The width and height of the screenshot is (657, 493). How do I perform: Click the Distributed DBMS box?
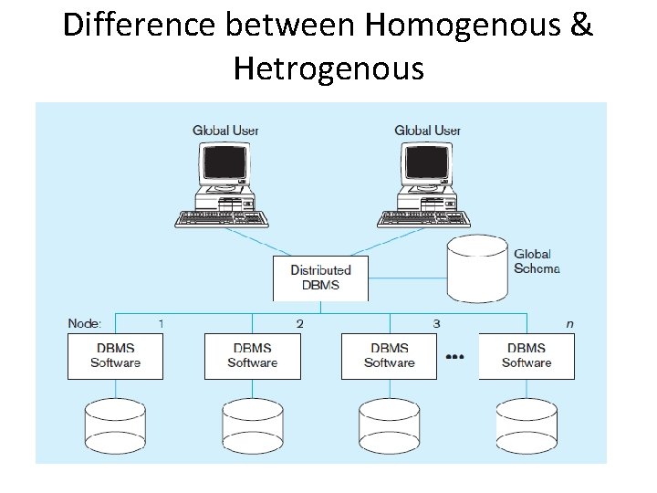[320, 278]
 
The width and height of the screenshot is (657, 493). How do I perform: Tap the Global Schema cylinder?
[477, 270]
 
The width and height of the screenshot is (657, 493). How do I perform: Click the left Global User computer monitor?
[224, 165]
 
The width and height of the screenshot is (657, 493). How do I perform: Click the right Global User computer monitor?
[427, 165]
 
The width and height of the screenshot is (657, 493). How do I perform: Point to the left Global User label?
[225, 131]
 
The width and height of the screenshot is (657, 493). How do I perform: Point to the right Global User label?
[427, 131]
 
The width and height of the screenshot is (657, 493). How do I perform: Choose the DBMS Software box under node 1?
[115, 356]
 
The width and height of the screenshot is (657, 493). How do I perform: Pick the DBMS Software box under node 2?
[252, 356]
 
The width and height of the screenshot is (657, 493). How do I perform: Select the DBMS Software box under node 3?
[389, 356]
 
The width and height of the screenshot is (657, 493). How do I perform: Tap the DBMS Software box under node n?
[527, 356]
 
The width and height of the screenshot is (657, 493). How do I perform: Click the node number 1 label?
[162, 323]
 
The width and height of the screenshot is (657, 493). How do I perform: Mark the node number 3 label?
[436, 323]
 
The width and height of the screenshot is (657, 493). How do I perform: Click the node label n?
[571, 323]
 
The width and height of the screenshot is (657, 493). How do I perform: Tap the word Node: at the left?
[85, 323]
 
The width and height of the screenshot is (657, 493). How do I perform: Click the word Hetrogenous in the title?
[328, 68]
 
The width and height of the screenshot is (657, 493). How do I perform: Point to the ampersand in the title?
[580, 26]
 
